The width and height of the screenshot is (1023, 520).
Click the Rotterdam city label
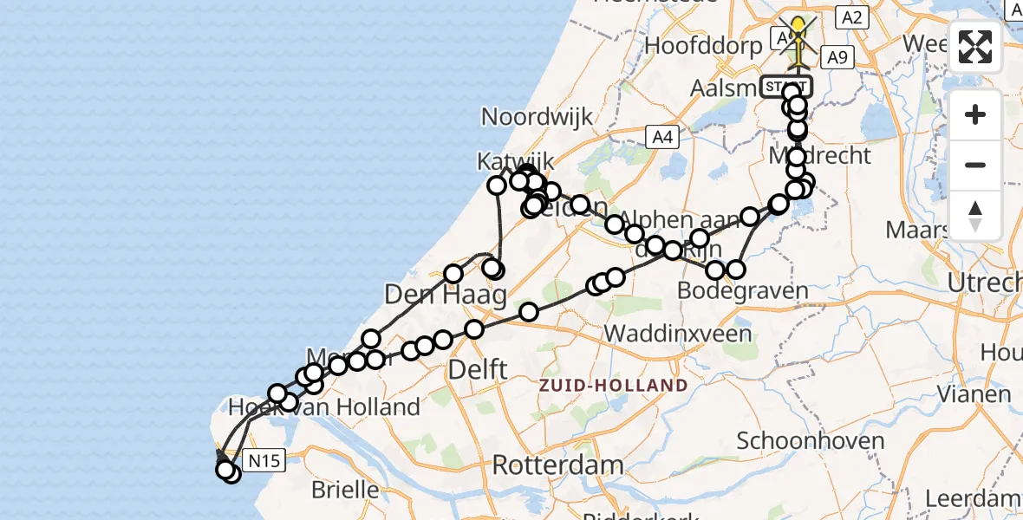(557, 465)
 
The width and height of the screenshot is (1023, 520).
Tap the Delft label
(477, 370)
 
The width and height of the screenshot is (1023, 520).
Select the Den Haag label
(445, 295)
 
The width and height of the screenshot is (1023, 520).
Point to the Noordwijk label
(537, 117)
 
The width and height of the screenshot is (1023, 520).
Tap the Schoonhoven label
(811, 440)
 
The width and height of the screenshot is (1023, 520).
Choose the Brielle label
(344, 490)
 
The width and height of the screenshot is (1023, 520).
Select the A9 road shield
(837, 58)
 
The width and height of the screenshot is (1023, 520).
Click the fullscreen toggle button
(975, 47)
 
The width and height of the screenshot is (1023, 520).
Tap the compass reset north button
(975, 215)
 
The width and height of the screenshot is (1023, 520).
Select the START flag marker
(785, 87)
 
